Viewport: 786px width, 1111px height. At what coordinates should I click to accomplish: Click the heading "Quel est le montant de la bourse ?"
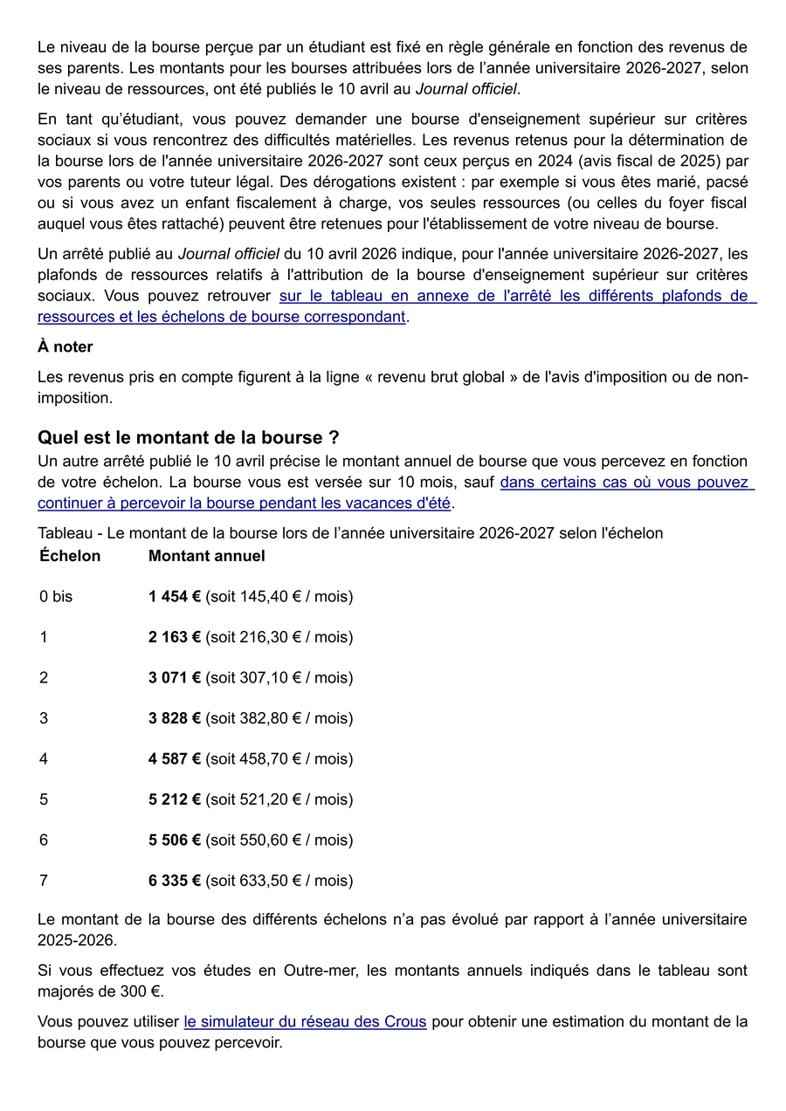(x=188, y=437)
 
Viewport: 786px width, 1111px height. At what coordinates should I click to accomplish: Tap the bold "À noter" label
(x=65, y=346)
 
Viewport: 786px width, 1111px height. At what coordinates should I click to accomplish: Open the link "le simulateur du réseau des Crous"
(x=305, y=1021)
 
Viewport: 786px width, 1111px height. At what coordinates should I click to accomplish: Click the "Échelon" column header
(x=70, y=556)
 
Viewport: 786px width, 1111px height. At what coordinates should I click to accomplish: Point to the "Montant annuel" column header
(x=206, y=556)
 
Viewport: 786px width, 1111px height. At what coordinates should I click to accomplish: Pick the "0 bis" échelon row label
(x=56, y=597)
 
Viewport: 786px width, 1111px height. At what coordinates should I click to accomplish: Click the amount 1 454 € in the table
(x=175, y=597)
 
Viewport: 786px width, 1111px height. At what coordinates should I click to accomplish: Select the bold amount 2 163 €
(x=175, y=637)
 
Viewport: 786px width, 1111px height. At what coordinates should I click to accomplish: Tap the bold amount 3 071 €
(x=175, y=678)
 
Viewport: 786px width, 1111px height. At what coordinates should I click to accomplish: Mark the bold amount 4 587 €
(x=175, y=759)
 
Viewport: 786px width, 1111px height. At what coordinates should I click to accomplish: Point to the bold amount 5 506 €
(x=175, y=840)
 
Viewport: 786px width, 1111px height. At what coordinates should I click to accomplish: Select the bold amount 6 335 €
(x=175, y=881)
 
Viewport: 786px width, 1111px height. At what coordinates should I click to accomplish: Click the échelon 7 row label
(x=44, y=881)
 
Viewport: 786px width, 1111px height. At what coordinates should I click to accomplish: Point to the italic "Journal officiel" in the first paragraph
(x=466, y=89)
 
